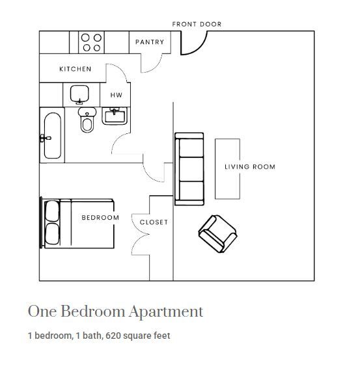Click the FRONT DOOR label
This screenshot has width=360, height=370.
click(x=197, y=24)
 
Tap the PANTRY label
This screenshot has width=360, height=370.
click(x=149, y=42)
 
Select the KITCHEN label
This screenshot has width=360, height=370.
click(x=76, y=69)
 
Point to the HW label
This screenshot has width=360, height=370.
click(x=116, y=95)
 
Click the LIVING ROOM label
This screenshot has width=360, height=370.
click(x=250, y=167)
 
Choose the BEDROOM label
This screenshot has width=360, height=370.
click(x=100, y=218)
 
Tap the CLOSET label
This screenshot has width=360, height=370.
click(x=154, y=222)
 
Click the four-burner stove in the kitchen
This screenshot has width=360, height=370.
click(x=90, y=43)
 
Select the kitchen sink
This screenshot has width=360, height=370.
click(x=79, y=94)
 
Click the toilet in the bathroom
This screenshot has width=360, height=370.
click(x=87, y=120)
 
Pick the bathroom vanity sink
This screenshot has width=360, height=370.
click(x=115, y=116)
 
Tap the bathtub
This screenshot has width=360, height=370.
click(x=53, y=137)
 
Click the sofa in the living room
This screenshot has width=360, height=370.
click(x=189, y=167)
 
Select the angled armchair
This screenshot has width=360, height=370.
click(x=218, y=233)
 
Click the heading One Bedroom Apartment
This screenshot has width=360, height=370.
click(x=115, y=311)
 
